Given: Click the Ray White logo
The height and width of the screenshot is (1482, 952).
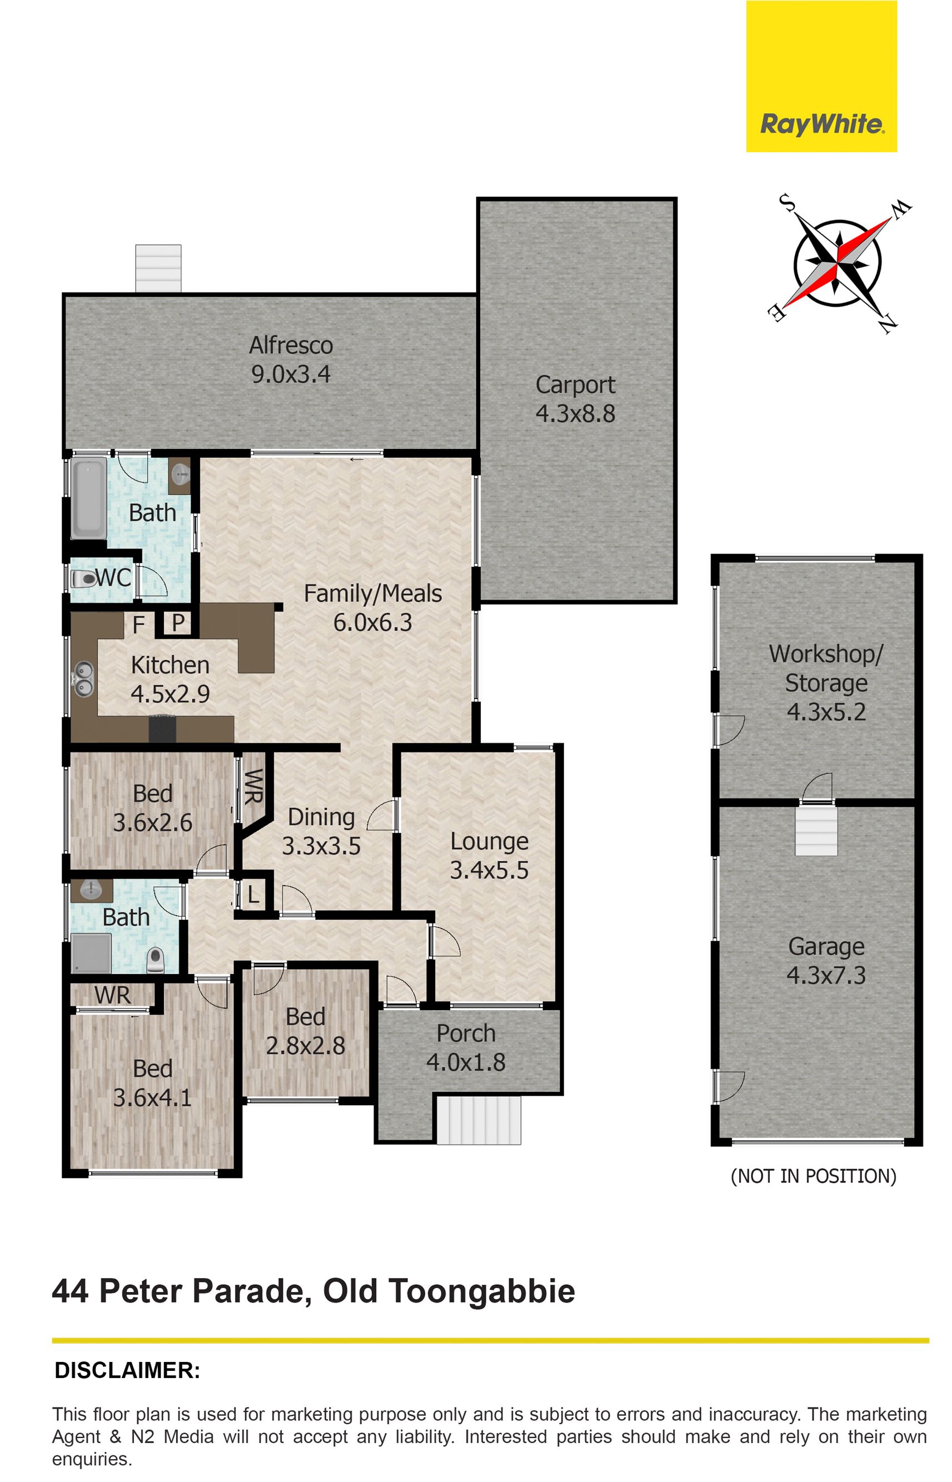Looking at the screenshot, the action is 821,76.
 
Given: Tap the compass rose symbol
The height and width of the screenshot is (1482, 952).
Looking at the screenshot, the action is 837,262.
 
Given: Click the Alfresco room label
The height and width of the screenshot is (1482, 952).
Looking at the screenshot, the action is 291,346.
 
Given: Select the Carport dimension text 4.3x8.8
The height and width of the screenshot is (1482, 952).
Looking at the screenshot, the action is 576,413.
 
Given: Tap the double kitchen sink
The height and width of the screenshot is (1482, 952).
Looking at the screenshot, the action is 84,678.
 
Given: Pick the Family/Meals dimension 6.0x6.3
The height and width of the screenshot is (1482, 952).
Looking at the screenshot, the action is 373,622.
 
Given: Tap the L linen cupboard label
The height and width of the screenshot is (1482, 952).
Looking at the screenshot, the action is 253,895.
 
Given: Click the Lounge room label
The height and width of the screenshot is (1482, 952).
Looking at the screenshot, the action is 489,841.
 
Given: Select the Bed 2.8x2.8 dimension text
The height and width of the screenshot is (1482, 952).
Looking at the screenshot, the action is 305,1046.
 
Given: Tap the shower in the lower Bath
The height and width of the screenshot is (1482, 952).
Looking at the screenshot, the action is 92,953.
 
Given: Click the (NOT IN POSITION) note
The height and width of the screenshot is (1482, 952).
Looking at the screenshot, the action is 814,1175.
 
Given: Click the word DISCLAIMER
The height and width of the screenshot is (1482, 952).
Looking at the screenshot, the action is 127,1371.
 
